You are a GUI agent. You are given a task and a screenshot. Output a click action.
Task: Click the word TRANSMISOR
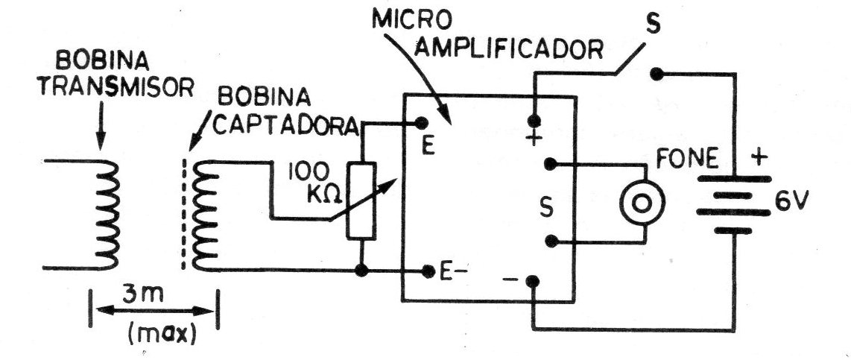point(117,87)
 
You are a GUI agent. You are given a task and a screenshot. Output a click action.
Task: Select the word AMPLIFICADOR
point(512,50)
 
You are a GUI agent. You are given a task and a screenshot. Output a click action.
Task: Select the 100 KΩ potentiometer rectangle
point(361,200)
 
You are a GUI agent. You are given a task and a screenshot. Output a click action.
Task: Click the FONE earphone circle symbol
point(642,203)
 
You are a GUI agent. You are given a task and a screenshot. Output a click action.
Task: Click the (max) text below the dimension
point(161,333)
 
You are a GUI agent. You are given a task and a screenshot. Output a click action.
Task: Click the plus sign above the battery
point(759,158)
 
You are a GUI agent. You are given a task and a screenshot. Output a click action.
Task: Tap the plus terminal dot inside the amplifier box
point(534,120)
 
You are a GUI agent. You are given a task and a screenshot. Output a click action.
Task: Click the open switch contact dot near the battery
point(657,74)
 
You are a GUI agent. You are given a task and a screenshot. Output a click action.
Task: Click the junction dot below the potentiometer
point(361,270)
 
